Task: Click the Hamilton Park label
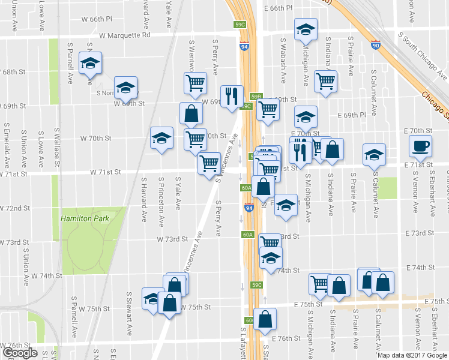(85, 219)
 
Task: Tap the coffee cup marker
(420, 146)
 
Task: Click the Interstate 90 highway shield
(376, 45)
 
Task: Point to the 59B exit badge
(257, 96)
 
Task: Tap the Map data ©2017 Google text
(412, 355)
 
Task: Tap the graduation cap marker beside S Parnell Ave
(91, 64)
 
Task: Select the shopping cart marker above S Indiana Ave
(325, 81)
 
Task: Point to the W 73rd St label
(172, 239)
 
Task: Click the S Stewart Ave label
(129, 314)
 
